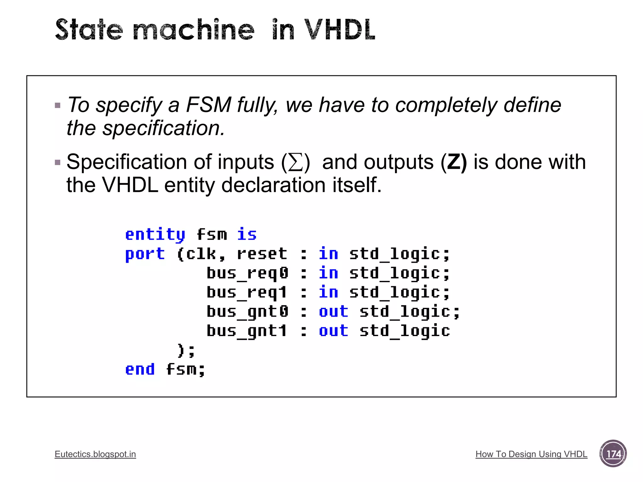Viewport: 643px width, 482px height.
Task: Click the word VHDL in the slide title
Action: pos(339,30)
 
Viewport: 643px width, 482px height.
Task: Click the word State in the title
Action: pos(89,30)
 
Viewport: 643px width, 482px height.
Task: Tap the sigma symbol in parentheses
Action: pos(295,163)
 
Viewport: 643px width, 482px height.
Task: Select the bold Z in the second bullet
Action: pos(453,162)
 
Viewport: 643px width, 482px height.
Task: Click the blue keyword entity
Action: pos(155,235)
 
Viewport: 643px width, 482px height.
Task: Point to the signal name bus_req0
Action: pos(247,273)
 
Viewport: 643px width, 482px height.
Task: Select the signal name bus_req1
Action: pos(247,292)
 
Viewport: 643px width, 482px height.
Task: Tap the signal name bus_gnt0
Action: pos(247,312)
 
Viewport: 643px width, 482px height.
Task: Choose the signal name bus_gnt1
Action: pos(247,331)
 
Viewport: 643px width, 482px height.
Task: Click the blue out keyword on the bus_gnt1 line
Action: pos(333,331)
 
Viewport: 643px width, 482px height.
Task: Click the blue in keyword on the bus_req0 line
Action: pos(328,273)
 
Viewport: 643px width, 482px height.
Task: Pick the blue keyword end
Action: pos(140,369)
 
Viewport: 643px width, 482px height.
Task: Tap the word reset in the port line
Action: pos(262,254)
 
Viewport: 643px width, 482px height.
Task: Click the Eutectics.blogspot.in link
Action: pos(95,454)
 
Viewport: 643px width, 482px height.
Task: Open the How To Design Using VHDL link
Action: pos(531,454)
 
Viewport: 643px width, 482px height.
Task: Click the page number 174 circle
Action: pos(613,454)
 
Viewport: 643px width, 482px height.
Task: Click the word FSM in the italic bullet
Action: pos(208,105)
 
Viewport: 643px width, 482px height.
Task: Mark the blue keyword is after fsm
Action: pos(247,235)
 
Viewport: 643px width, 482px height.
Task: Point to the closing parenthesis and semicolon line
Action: pos(186,351)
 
